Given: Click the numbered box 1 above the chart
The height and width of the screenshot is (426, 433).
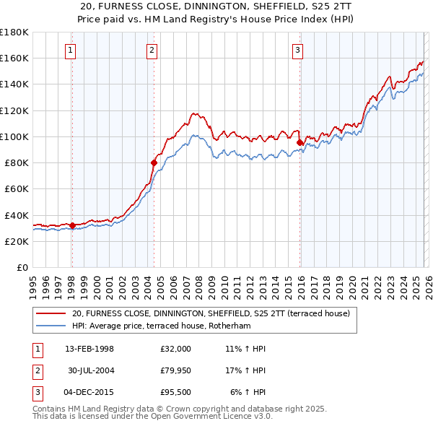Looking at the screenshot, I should click(71, 50).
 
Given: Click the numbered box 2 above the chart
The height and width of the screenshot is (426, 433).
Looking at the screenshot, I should click(152, 50).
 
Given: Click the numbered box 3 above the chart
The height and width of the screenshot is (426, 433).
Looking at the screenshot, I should click(297, 50).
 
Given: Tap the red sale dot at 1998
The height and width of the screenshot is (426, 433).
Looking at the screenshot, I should click(72, 225).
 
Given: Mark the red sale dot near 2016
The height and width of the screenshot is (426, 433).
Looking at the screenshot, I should click(299, 142).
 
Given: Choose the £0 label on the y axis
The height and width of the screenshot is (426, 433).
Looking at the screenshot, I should click(22, 268).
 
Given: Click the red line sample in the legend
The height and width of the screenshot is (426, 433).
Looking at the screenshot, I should click(51, 313).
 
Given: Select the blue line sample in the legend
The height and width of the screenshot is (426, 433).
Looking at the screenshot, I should click(51, 326).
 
